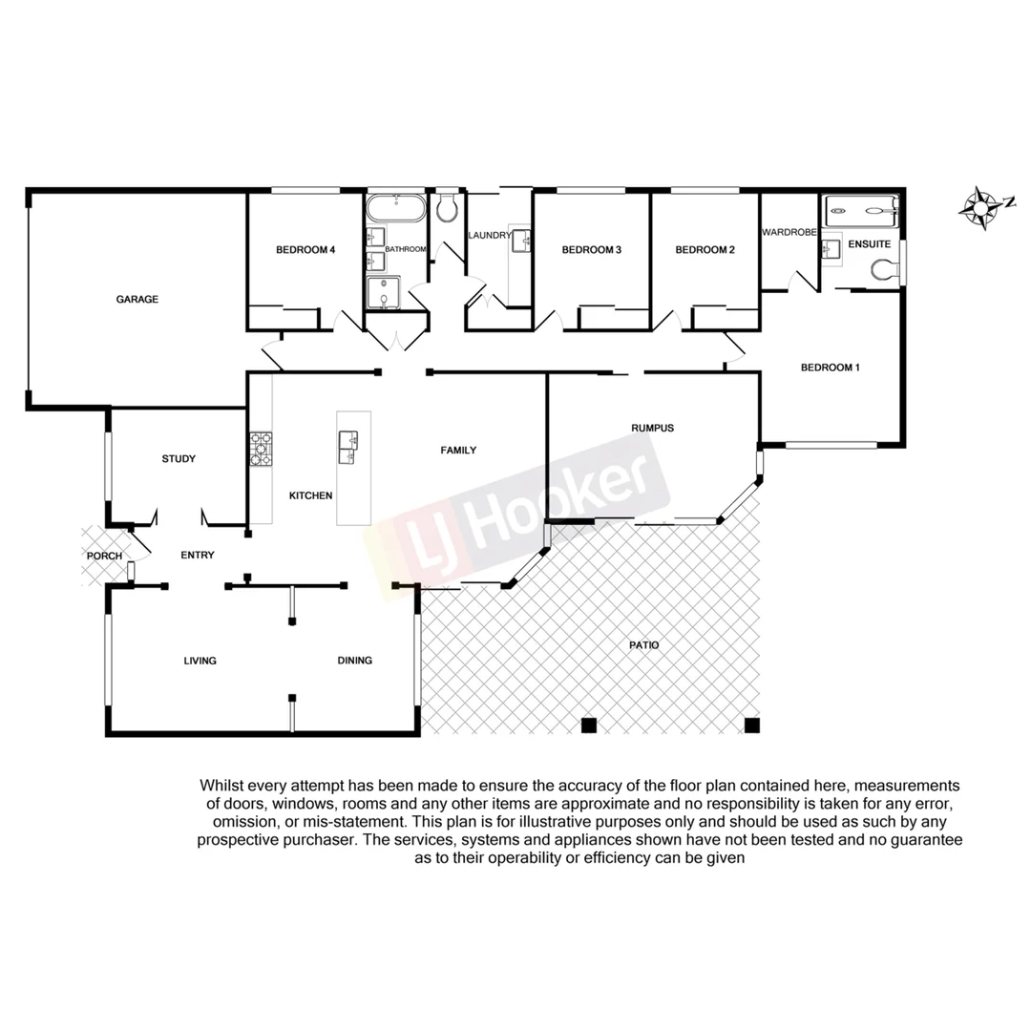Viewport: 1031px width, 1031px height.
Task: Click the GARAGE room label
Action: (x=137, y=299)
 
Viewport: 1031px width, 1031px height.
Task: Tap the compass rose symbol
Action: (x=980, y=206)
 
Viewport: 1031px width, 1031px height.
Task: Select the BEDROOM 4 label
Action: (x=305, y=250)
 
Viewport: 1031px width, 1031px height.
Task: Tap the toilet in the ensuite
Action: (x=882, y=274)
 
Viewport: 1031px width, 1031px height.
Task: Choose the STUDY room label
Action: (x=179, y=459)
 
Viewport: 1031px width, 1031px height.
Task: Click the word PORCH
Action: (x=104, y=557)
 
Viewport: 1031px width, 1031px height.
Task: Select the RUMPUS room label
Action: (x=652, y=428)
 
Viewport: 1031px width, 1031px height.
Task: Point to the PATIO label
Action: (x=643, y=645)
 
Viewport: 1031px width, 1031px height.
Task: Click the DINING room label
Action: (x=354, y=661)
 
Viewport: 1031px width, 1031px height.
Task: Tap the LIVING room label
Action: (x=200, y=661)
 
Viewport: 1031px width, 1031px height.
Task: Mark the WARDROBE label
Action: (x=789, y=232)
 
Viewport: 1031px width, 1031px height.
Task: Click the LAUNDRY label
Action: (x=491, y=235)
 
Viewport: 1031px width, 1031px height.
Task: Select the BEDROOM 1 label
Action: (x=831, y=368)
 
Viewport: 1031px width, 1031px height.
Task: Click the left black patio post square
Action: (x=589, y=726)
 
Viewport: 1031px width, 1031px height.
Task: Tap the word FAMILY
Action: (x=458, y=450)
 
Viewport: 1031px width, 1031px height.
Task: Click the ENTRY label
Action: (x=198, y=555)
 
